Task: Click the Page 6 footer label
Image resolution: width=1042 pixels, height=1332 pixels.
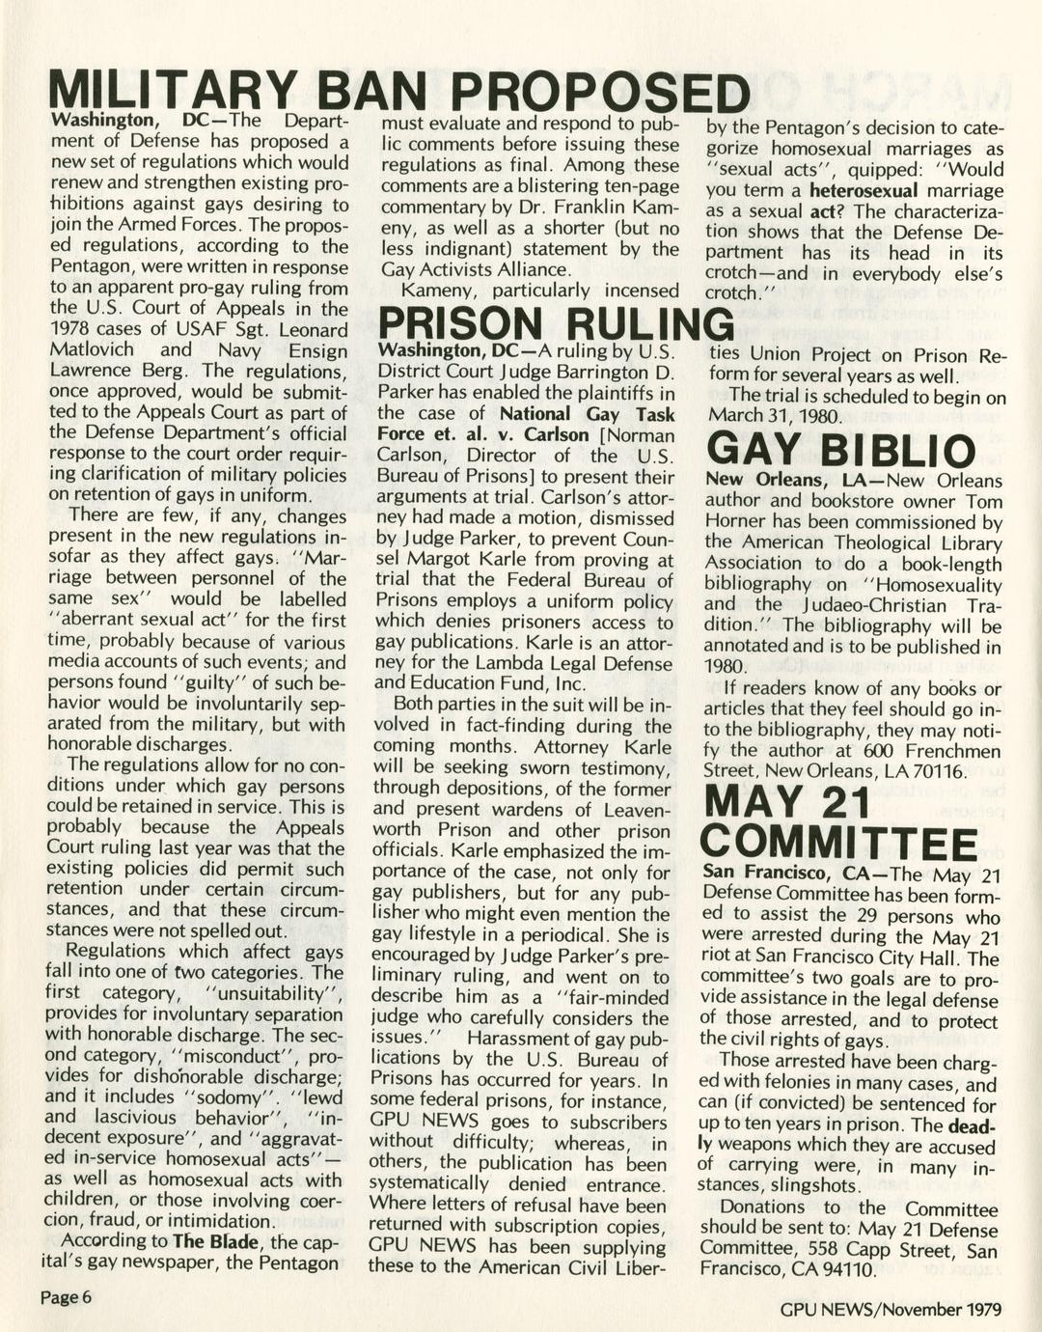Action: point(66,1296)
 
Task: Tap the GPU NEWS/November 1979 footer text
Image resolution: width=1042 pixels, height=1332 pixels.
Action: point(891,1309)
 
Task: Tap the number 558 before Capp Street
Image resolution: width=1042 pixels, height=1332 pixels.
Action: point(828,1250)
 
